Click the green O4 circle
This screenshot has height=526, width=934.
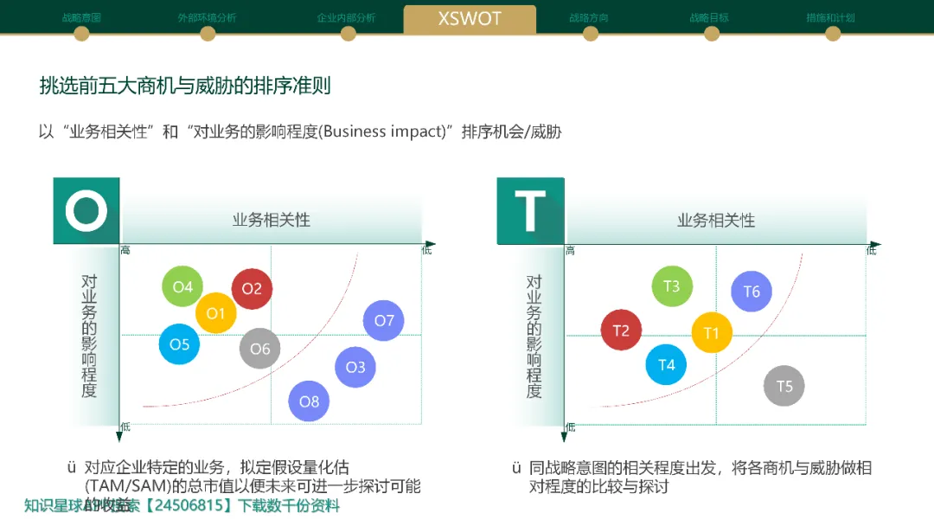tap(182, 286)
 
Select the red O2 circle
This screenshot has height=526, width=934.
tap(252, 289)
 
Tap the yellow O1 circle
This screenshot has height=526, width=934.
tap(215, 313)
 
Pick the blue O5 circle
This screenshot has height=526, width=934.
tap(179, 344)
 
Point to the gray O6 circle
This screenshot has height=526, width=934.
tap(260, 349)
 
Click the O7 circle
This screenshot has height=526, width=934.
tap(384, 321)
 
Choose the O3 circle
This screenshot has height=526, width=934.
tap(355, 367)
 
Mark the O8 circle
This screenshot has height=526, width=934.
tap(309, 401)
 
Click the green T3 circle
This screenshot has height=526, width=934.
tap(672, 286)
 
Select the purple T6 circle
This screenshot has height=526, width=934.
tap(752, 292)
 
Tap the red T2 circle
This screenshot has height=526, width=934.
tap(621, 330)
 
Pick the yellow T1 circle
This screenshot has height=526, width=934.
tap(712, 333)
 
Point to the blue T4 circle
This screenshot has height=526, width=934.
tap(666, 365)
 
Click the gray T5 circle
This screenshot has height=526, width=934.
tap(784, 386)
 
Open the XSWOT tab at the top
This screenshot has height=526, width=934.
tap(470, 19)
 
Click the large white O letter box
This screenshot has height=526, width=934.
tap(86, 210)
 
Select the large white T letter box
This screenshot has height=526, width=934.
tap(530, 210)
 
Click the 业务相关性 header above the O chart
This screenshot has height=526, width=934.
tap(272, 220)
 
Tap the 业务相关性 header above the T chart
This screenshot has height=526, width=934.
tap(716, 220)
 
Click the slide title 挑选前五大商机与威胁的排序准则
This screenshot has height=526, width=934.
tap(185, 86)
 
